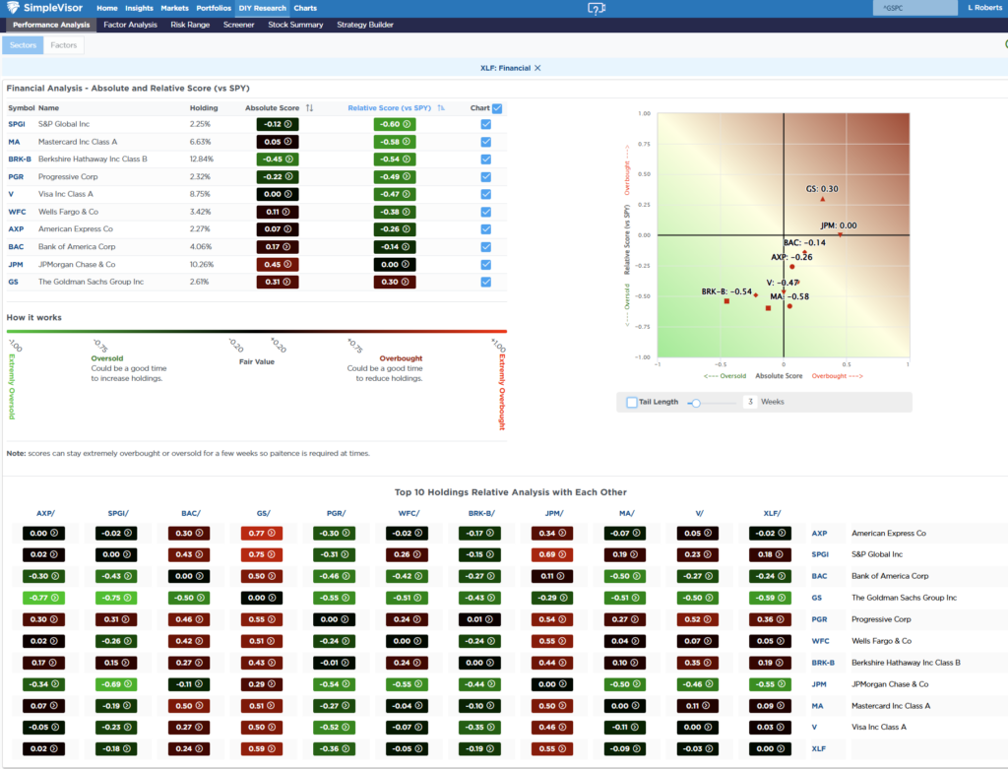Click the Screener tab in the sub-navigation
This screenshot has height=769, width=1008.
point(238,25)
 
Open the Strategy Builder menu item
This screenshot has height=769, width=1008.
point(365,25)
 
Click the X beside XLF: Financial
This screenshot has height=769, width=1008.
point(537,68)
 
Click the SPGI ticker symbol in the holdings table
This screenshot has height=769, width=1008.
point(18,124)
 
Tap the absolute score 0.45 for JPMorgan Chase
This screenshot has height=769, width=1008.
point(278,264)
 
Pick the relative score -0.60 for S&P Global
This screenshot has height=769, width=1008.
point(395,124)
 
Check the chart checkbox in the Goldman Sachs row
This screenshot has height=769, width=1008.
point(486,282)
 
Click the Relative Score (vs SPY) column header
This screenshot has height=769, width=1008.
point(390,107)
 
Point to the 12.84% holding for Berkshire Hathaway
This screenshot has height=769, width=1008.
point(202,159)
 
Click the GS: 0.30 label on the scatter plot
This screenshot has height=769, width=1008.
point(822,189)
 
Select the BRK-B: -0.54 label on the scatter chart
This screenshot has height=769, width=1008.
point(726,292)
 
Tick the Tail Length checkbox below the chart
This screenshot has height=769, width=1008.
point(632,402)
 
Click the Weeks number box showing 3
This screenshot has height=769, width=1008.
point(750,402)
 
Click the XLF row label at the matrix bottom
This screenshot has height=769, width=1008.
point(819,748)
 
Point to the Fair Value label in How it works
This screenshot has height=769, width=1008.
point(257,361)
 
